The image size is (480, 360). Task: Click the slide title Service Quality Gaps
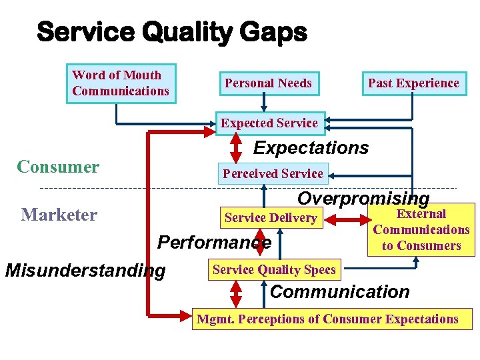pyautogui.click(x=172, y=31)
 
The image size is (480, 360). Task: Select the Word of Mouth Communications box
pyautogui.click(x=121, y=83)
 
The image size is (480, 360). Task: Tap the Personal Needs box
pyautogui.click(x=268, y=83)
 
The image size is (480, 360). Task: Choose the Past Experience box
pyautogui.click(x=413, y=83)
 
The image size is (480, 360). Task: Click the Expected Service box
pyautogui.click(x=269, y=123)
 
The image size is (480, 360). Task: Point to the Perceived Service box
pyautogui.click(x=273, y=173)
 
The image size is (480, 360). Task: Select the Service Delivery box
pyautogui.click(x=271, y=217)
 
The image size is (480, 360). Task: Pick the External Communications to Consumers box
pyautogui.click(x=421, y=230)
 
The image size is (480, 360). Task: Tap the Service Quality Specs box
pyautogui.click(x=274, y=269)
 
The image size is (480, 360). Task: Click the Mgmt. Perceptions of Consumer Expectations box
pyautogui.click(x=327, y=319)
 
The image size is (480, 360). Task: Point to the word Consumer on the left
pyautogui.click(x=58, y=167)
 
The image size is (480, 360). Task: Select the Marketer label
pyautogui.click(x=59, y=215)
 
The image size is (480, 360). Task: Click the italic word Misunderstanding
pyautogui.click(x=85, y=271)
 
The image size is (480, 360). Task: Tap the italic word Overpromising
pyautogui.click(x=363, y=198)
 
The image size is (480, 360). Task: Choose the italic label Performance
pyautogui.click(x=214, y=243)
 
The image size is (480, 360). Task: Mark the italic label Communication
pyautogui.click(x=339, y=292)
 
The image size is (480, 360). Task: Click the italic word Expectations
pyautogui.click(x=311, y=148)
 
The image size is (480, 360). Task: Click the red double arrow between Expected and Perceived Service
pyautogui.click(x=236, y=149)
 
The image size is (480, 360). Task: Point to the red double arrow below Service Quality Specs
pyautogui.click(x=236, y=293)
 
